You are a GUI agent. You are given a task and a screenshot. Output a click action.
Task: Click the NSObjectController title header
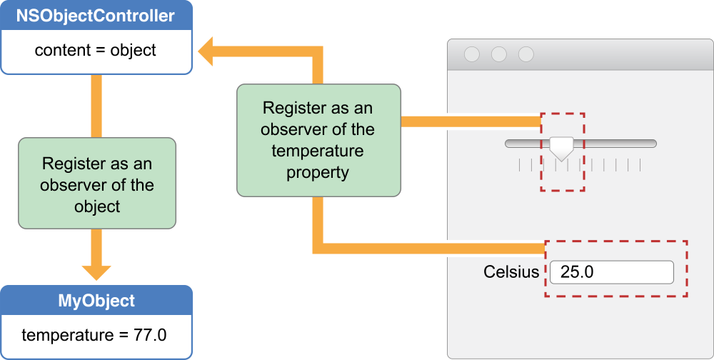[x=96, y=16]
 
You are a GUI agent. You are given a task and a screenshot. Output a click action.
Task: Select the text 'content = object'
[x=96, y=51]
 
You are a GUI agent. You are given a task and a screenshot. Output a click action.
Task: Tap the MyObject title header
[x=96, y=301]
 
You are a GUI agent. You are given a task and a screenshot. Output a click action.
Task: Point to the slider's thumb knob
[x=562, y=148]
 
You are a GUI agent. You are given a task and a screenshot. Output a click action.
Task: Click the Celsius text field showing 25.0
[x=611, y=272]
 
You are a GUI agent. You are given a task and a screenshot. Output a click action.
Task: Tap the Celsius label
[x=511, y=272]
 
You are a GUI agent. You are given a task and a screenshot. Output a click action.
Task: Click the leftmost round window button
[x=472, y=54]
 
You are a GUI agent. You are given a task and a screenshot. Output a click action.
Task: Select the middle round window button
[x=499, y=54]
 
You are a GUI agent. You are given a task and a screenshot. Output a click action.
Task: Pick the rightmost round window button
[x=526, y=54]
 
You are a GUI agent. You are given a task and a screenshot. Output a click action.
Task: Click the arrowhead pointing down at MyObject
[x=96, y=271]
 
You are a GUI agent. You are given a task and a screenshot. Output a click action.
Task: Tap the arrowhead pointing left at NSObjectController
[x=209, y=53]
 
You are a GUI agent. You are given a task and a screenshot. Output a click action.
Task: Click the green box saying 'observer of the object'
[x=96, y=184]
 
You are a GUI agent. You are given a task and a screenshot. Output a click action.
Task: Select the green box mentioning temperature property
[x=318, y=140]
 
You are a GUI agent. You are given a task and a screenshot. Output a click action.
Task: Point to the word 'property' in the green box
[x=318, y=172]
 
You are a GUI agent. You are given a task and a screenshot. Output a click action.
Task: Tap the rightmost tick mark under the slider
[x=640, y=166]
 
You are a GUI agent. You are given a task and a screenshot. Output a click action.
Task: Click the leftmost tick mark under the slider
[x=519, y=166]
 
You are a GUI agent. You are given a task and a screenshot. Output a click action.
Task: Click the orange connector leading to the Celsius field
[x=428, y=248]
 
